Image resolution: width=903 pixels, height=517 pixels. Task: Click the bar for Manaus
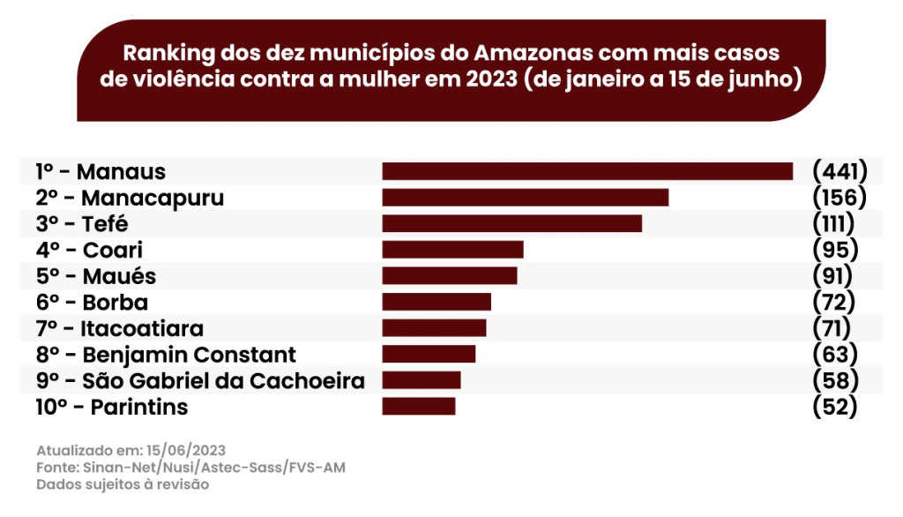pos(587,171)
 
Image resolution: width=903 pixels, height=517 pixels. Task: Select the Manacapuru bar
pos(525,198)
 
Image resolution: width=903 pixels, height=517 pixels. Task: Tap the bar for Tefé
pos(511,223)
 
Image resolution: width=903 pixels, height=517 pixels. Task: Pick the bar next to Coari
pos(452,250)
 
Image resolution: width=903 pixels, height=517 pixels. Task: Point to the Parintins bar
pos(419,406)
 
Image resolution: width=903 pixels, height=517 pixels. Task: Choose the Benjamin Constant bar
pos(429,354)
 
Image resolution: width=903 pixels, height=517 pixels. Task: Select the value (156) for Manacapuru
pos(840,197)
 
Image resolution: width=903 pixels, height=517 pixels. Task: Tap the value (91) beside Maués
pos(832,275)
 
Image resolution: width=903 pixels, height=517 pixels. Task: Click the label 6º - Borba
pos(92,303)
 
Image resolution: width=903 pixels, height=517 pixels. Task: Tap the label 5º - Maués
pos(96,276)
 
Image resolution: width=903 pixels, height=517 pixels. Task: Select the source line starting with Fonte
pos(190,467)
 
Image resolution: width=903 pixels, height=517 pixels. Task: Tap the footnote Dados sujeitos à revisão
pos(123,484)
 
